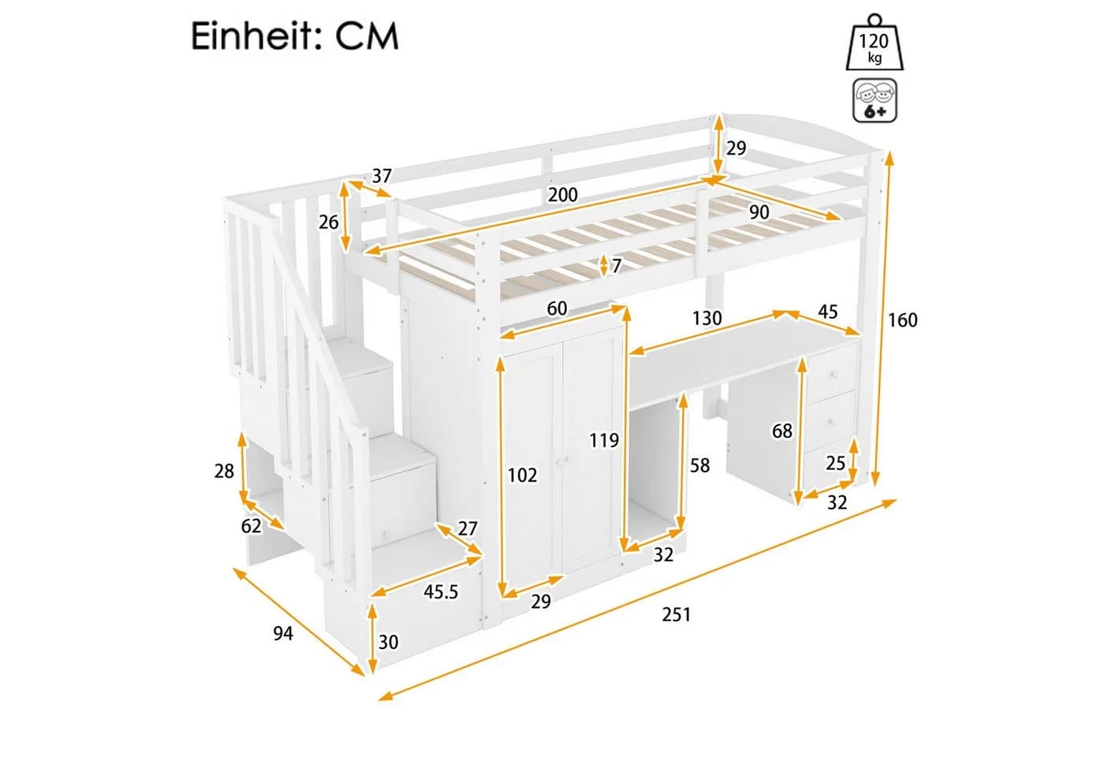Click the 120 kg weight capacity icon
click(875, 43)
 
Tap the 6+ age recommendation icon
click(875, 101)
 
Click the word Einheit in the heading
click(257, 36)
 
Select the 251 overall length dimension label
click(677, 614)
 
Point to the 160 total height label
click(902, 320)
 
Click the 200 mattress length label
click(563, 196)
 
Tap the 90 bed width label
click(759, 212)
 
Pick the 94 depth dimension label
click(283, 633)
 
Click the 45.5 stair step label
click(441, 592)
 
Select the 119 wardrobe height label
click(604, 440)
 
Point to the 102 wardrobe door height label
click(522, 475)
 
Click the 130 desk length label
click(707, 319)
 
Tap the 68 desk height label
click(782, 431)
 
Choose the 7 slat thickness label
click(616, 267)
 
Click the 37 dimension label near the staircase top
click(382, 176)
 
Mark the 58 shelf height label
click(700, 465)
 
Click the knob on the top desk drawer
click(834, 375)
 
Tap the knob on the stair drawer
click(386, 535)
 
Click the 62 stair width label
click(252, 527)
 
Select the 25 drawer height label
click(835, 464)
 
